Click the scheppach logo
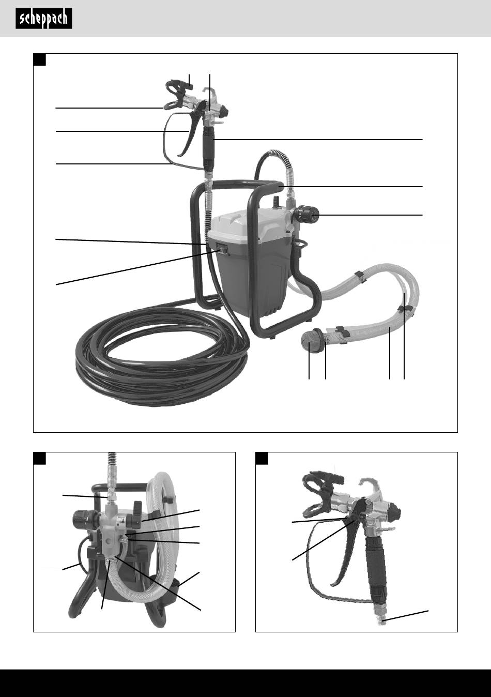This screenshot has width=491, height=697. click(x=44, y=19)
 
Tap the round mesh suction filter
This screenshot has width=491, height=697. click(x=310, y=341)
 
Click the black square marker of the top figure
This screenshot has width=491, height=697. click(x=39, y=59)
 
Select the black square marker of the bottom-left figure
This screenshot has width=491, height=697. click(x=39, y=458)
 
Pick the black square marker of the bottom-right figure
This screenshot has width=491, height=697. click(x=262, y=458)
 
